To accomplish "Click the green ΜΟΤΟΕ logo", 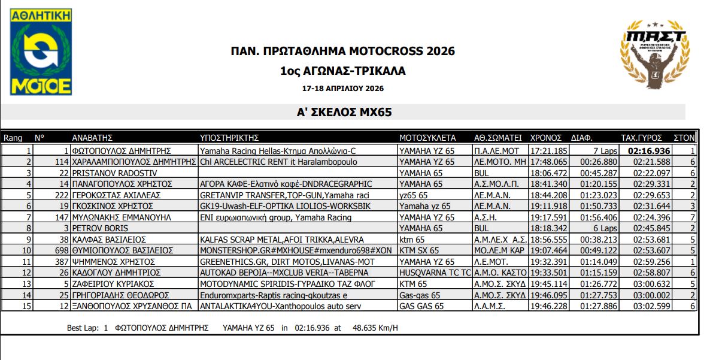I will coord(41,52).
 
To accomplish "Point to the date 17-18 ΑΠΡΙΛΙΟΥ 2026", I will coord(342,88).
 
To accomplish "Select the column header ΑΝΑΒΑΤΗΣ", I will coord(93,137).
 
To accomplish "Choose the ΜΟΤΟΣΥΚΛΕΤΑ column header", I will coord(427,137).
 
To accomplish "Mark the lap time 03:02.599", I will coord(653,306).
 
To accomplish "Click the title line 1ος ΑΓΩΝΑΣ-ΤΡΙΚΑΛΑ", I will coord(342,71).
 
